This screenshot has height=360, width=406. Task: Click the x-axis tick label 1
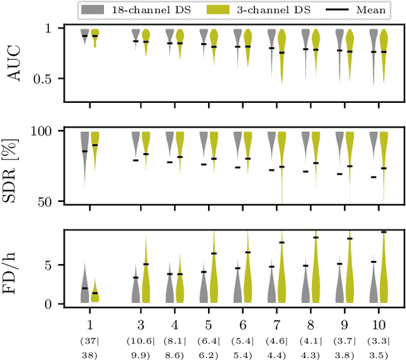pyautogui.click(x=89, y=316)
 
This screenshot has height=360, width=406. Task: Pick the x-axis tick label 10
pyautogui.click(x=378, y=316)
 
